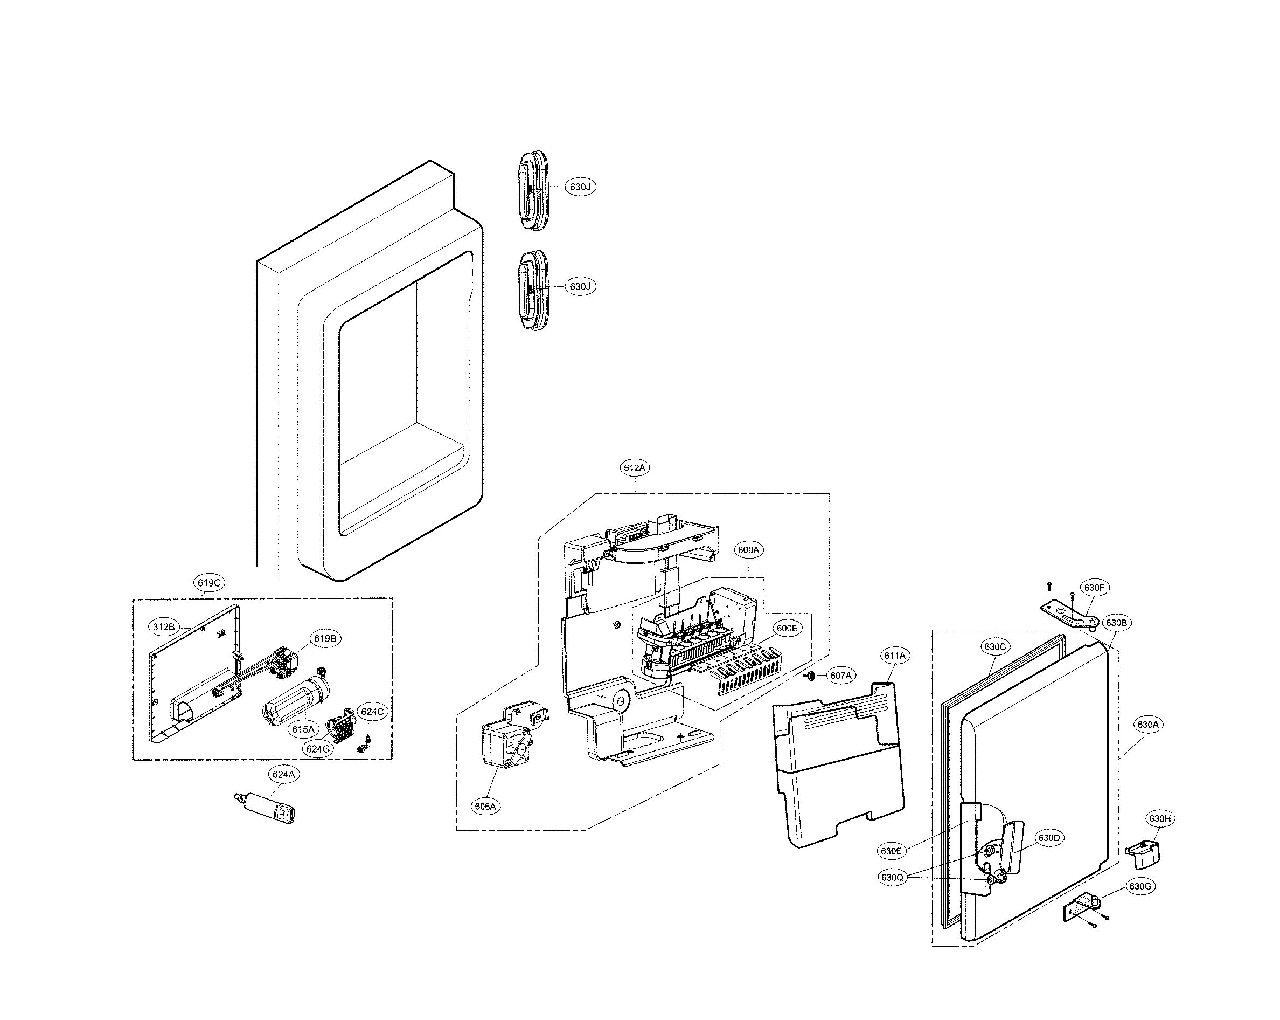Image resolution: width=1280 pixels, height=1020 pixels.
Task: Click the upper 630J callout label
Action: [580, 187]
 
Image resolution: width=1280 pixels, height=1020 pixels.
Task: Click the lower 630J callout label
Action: [580, 286]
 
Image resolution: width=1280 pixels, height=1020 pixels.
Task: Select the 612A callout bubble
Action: [635, 467]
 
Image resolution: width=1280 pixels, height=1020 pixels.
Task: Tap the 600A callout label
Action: [748, 550]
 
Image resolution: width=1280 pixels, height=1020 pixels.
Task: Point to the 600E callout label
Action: [787, 628]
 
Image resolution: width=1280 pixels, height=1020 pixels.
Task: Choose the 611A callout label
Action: [895, 656]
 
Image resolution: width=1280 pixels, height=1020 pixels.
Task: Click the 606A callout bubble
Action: [485, 807]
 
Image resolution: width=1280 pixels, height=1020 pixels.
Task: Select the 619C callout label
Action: [209, 583]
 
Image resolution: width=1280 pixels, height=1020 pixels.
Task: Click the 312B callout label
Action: [163, 627]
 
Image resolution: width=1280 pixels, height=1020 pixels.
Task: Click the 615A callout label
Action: [303, 729]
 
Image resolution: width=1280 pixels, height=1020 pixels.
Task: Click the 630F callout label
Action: [1094, 588]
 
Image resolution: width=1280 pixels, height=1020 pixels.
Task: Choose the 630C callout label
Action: [994, 646]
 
